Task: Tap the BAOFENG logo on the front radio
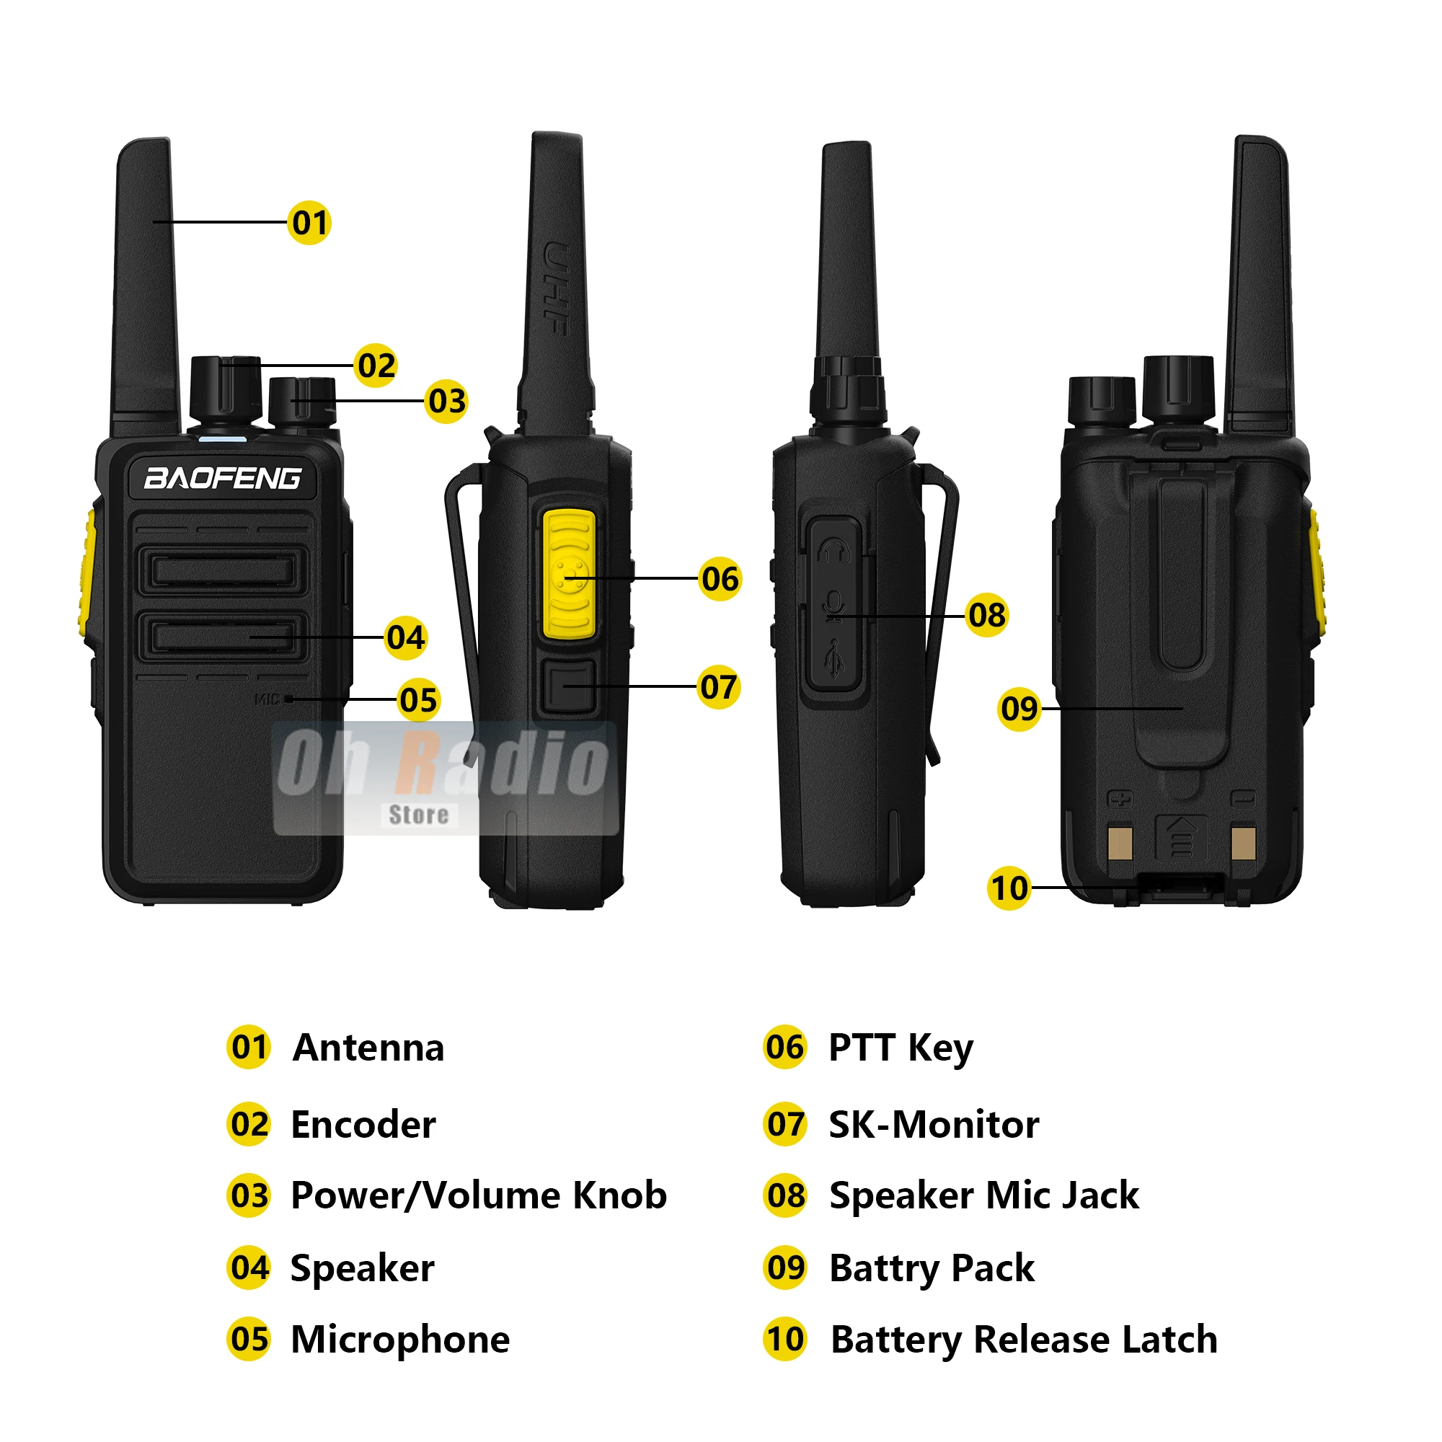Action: pos(224,479)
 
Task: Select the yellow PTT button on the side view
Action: pos(570,575)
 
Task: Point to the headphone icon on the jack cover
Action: pos(834,552)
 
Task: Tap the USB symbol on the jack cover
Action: pos(834,658)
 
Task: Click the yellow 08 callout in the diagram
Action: pos(988,616)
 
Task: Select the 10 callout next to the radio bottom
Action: pos(1010,888)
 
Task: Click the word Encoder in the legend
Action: pos(363,1125)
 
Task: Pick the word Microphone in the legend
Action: pos(401,1339)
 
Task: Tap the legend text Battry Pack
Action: pos(932,1268)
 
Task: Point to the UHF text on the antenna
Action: pos(557,288)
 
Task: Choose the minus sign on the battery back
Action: pos(1244,799)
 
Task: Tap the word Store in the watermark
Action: pos(419,814)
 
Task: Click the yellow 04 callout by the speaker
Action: pos(406,638)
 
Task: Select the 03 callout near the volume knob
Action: pos(447,402)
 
